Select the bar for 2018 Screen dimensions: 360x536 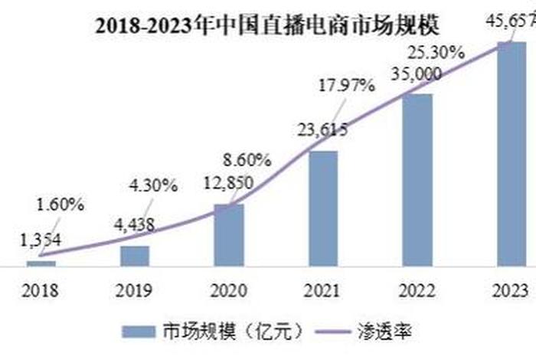(x=41, y=263)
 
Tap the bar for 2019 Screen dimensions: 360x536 (x=135, y=255)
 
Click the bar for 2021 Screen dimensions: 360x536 (x=322, y=208)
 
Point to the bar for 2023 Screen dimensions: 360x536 (x=511, y=153)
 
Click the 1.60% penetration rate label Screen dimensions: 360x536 (x=59, y=205)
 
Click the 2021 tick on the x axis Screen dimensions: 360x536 (x=322, y=292)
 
